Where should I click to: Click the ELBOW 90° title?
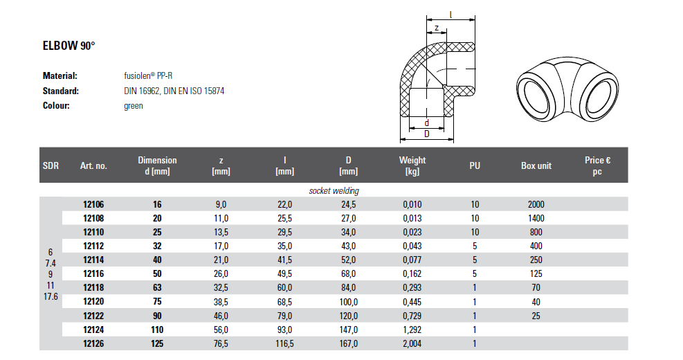[69, 46]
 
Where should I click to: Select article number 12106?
[93, 204]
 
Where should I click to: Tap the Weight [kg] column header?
[412, 165]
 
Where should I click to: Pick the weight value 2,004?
[412, 343]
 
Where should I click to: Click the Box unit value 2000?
[536, 204]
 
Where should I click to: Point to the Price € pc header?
[597, 165]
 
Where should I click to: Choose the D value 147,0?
[349, 330]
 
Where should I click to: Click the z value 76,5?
[221, 343]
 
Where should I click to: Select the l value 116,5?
[284, 343]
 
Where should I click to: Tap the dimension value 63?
[157, 287]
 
